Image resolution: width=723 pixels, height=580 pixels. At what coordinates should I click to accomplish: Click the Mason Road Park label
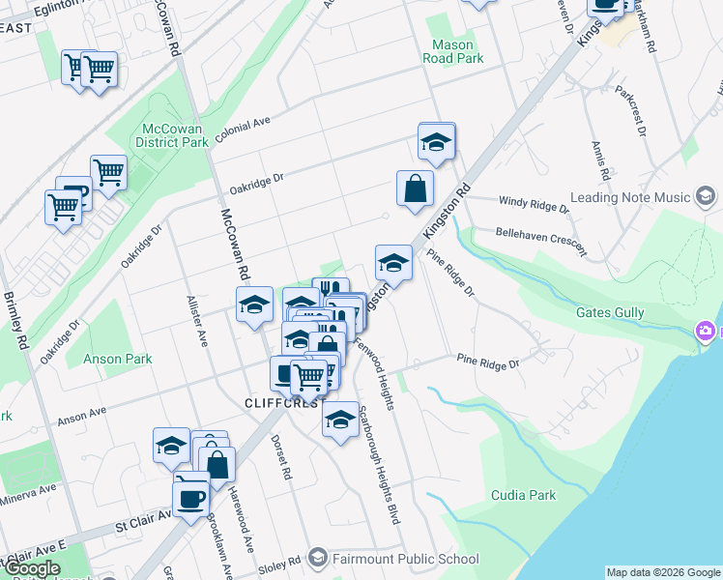click(x=452, y=51)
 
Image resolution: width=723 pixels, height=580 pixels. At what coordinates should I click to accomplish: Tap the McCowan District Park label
click(x=175, y=135)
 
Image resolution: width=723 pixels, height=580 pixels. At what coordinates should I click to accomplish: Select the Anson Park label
click(x=118, y=359)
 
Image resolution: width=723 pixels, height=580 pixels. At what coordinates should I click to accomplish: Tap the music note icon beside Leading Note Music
click(x=707, y=198)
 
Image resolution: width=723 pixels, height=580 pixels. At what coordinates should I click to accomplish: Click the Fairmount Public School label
click(x=406, y=558)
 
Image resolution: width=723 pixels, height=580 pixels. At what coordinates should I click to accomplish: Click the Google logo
click(x=32, y=568)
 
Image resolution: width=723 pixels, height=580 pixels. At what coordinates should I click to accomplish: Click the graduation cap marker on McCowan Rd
click(x=254, y=305)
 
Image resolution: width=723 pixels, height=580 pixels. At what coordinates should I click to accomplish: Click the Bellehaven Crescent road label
click(x=540, y=241)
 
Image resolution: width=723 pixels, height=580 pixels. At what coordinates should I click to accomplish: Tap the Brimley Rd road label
click(x=16, y=324)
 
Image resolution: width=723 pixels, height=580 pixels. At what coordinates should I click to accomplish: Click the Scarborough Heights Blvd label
click(x=379, y=464)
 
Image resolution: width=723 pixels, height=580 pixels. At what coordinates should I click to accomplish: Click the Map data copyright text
click(x=663, y=572)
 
